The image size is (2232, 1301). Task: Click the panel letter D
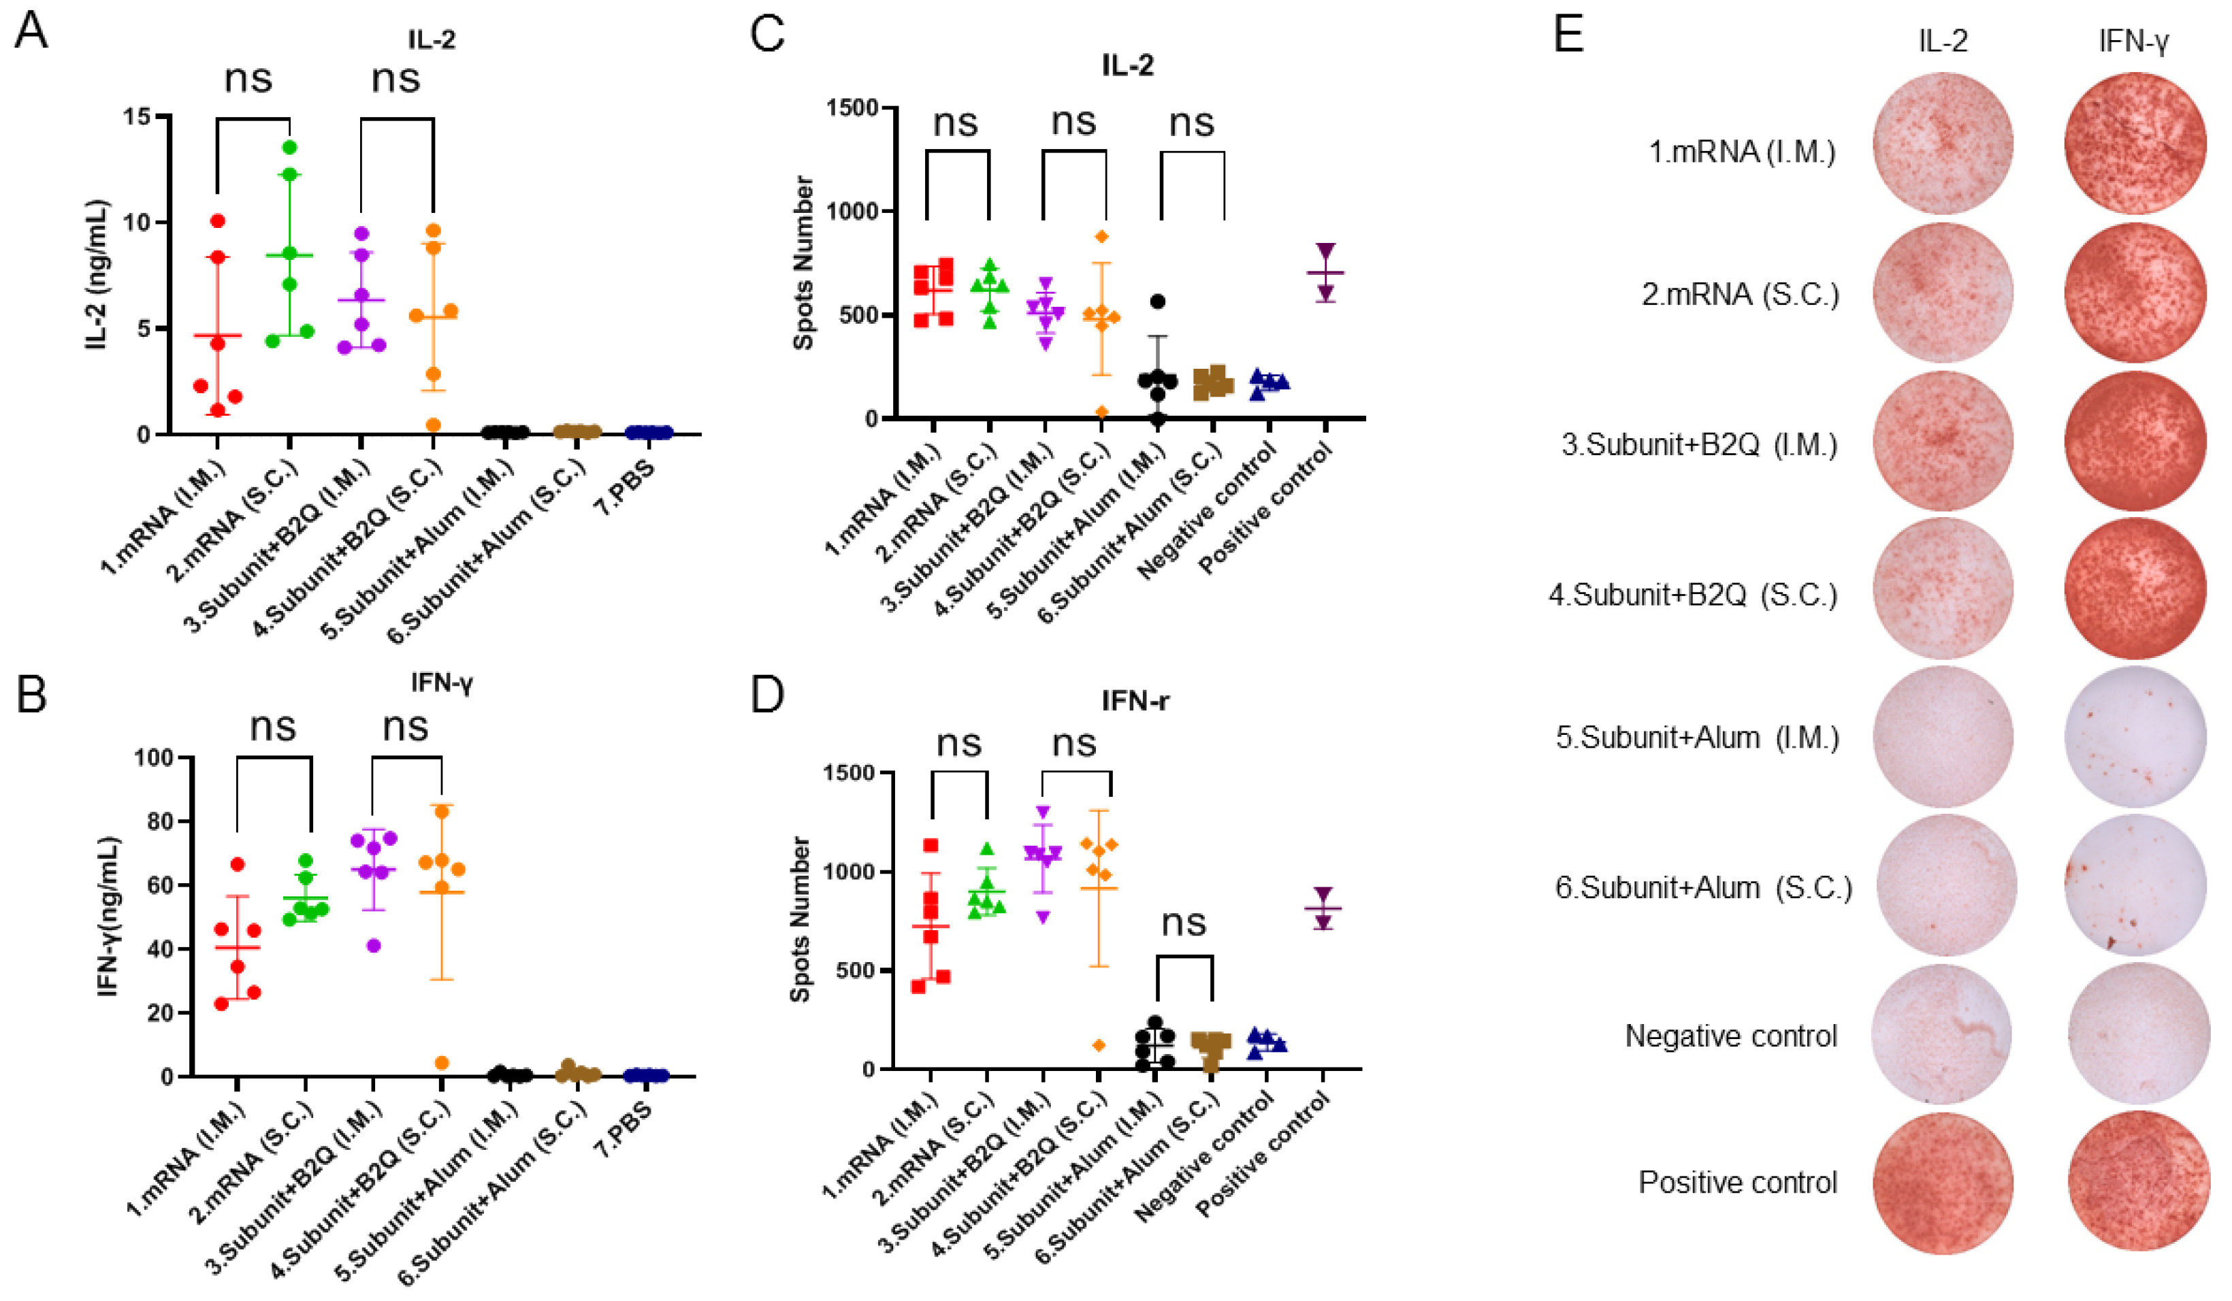tap(766, 695)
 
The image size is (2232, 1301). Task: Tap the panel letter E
tap(1568, 35)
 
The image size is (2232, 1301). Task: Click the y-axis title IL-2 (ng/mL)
tap(97, 274)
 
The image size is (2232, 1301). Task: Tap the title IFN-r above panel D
tap(1135, 702)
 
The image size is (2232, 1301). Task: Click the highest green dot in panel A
tap(289, 147)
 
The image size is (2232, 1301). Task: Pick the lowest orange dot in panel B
tap(441, 1063)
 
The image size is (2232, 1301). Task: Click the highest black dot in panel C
tap(1158, 301)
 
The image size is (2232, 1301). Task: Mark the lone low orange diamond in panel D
tap(1099, 1045)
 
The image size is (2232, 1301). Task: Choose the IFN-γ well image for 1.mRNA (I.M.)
tap(2134, 145)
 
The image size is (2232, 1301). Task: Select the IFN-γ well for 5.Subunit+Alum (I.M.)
tap(2134, 737)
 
